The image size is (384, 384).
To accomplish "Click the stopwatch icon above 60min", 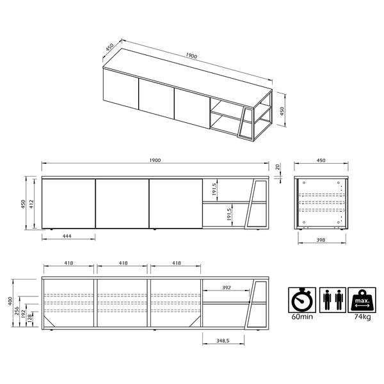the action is coord(302,300).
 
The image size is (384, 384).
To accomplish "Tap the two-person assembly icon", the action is coord(333,300).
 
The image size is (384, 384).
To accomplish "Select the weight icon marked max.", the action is coord(362,300).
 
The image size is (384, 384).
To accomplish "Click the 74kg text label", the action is coord(362,317).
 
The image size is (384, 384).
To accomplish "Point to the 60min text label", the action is coord(302,317).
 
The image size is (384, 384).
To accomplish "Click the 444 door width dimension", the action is coord(67,236).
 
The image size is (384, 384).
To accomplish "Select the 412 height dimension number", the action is coord(31,204).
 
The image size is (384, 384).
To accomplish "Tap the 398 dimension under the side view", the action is coord(321,240).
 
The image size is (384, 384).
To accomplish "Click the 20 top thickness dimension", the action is coord(278,167).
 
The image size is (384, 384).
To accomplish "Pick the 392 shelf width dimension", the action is coord(227,287).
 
